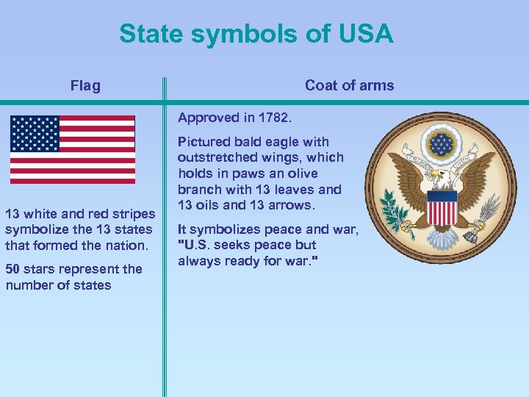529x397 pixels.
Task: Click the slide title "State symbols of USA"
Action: [x=256, y=34]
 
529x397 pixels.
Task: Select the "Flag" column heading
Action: [x=85, y=86]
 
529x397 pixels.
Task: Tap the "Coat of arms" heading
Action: [x=349, y=85]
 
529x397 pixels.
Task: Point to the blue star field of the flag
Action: [x=35, y=133]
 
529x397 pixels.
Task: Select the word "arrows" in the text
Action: [x=293, y=204]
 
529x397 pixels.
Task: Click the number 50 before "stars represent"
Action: [x=13, y=269]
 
